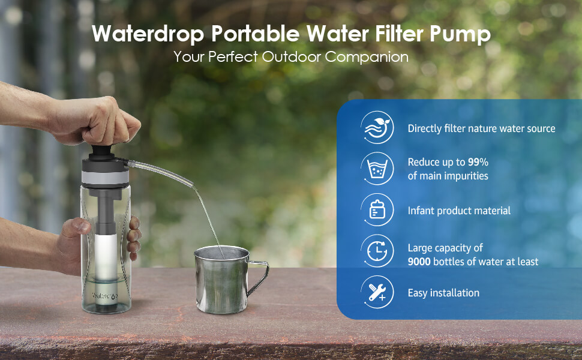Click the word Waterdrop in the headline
click(148, 34)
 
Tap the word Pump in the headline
click(460, 35)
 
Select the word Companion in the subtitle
click(367, 57)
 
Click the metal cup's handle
click(259, 278)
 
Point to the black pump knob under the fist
click(100, 152)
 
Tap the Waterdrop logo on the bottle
click(104, 296)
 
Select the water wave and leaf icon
click(377, 127)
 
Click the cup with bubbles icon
click(377, 169)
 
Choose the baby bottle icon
click(377, 209)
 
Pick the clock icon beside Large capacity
click(377, 251)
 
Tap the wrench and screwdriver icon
click(377, 292)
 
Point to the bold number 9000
click(419, 262)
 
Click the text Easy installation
click(443, 293)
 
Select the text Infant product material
click(459, 211)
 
